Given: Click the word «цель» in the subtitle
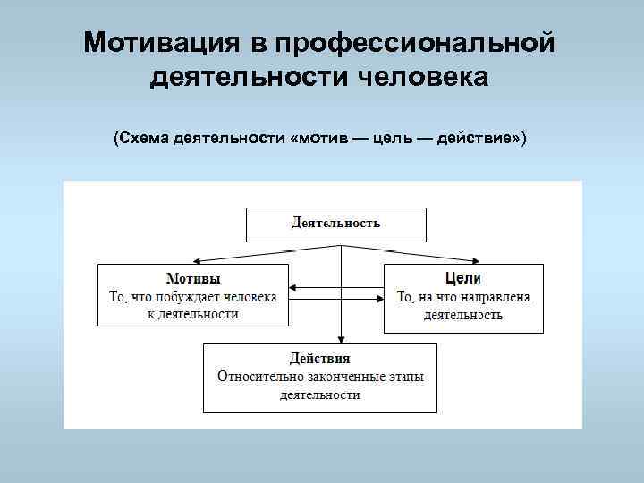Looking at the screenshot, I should (394, 140).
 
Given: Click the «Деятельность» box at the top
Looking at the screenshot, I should (335, 224).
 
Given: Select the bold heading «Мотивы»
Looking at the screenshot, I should (194, 279).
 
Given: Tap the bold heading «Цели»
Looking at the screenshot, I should (463, 279).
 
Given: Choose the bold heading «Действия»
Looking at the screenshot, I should (319, 359).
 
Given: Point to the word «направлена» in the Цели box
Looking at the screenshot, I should (491, 297).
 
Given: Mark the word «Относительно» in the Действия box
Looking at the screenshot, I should (258, 376).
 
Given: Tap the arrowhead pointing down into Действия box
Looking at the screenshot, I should (341, 338).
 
